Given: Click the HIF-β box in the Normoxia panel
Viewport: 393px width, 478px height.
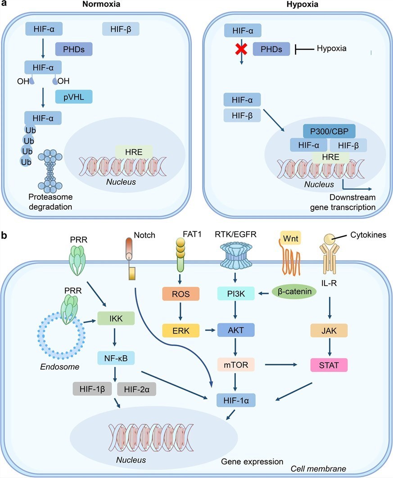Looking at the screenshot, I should tap(121, 29).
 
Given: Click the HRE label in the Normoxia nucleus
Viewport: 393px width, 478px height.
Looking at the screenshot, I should tap(134, 152).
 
